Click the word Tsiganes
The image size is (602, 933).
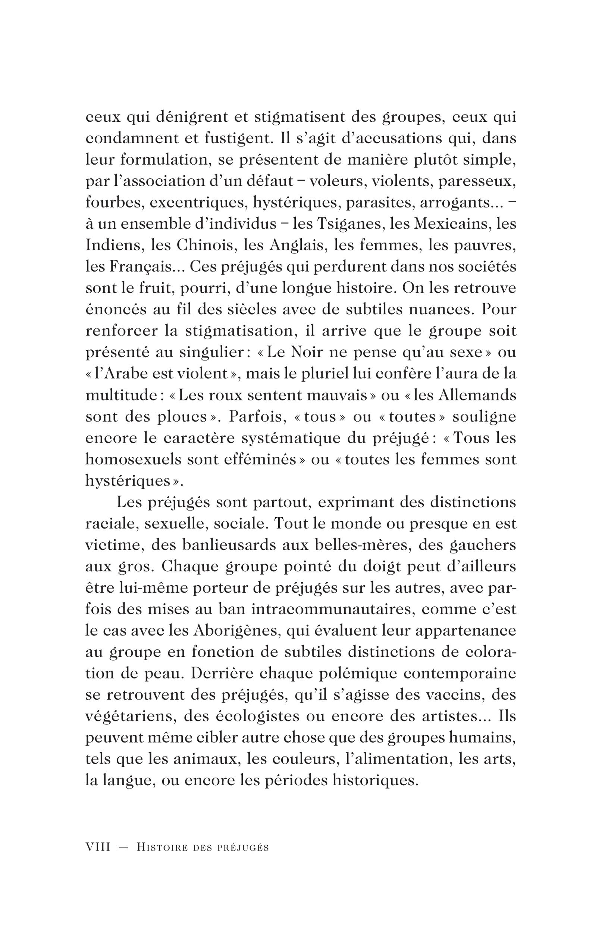click(347, 224)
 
